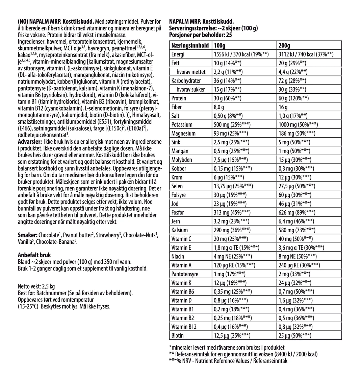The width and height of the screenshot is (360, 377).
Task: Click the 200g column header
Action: pyautogui.click(x=285, y=45)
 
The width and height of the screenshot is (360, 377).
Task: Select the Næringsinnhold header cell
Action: pyautogui.click(x=189, y=45)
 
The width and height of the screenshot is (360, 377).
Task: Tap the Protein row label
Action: pyautogui.click(x=179, y=98)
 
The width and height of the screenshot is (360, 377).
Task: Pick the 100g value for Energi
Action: pyautogui.click(x=241, y=54)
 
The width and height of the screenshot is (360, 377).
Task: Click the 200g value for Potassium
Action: pyautogui.click(x=297, y=124)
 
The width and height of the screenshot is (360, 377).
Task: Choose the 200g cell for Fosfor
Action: pyautogui.click(x=296, y=212)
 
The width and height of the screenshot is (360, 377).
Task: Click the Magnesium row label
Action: pyautogui.click(x=183, y=133)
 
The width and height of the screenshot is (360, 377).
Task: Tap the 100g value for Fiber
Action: pyautogui.click(x=220, y=107)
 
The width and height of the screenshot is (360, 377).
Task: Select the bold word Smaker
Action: pyautogui.click(x=27, y=235)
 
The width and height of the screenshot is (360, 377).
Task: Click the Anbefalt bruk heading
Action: pyautogui.click(x=34, y=255)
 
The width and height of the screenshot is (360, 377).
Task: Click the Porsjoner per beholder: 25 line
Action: pyautogui.click(x=201, y=34)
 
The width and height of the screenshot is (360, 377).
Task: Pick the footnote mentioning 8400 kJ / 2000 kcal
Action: pyautogui.click(x=243, y=354)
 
